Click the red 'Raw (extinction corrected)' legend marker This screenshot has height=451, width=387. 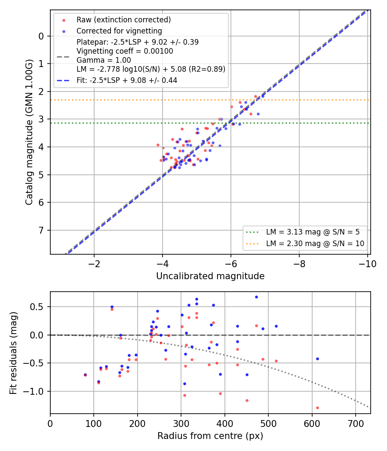[x=64, y=20]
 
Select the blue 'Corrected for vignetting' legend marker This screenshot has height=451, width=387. [x=64, y=31]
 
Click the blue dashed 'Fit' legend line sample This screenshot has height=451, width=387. [x=63, y=81]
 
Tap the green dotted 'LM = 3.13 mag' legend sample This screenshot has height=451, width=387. [x=252, y=232]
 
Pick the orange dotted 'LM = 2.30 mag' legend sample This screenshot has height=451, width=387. [x=252, y=244]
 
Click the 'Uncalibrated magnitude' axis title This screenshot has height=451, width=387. [x=210, y=276]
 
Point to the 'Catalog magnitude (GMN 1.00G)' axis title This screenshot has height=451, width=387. [x=29, y=132]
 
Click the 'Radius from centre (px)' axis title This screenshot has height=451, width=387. [x=210, y=436]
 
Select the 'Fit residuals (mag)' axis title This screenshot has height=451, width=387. [x=13, y=353]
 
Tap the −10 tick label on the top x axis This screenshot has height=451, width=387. [x=367, y=264]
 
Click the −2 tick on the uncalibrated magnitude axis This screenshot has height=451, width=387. [x=94, y=264]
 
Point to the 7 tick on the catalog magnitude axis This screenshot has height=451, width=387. [x=42, y=230]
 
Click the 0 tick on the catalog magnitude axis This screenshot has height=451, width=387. [x=42, y=36]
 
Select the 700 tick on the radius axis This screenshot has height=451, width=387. [x=356, y=424]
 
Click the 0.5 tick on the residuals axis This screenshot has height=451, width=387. [x=37, y=307]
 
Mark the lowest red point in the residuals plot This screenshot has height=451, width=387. [x=317, y=408]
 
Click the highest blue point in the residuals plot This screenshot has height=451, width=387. [x=256, y=297]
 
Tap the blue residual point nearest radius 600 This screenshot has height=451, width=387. [x=317, y=359]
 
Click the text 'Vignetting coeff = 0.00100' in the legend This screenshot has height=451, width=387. [x=125, y=51]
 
